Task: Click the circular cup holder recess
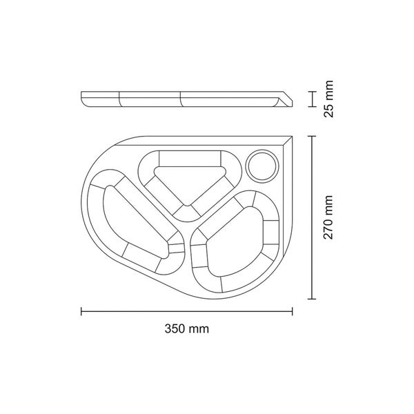click(262, 165)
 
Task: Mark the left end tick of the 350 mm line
click(81, 311)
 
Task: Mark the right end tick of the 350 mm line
click(292, 311)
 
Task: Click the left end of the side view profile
click(83, 95)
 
